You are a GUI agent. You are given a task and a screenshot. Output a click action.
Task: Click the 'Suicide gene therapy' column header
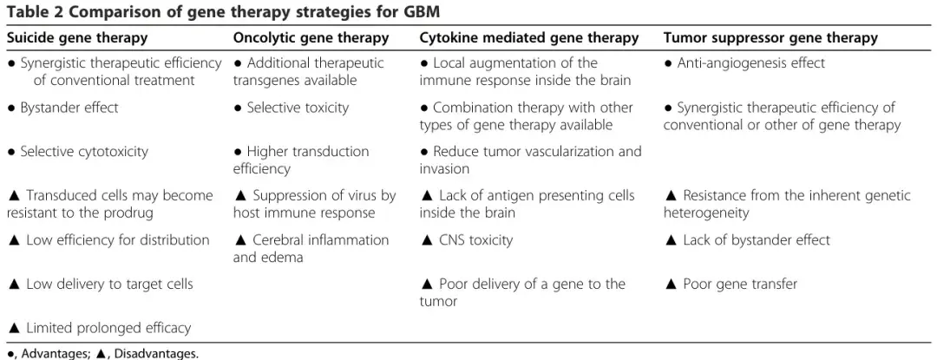point(77,38)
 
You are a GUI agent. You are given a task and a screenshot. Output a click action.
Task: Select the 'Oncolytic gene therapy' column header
point(311,38)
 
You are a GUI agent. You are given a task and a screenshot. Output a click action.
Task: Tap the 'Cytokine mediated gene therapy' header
point(529,38)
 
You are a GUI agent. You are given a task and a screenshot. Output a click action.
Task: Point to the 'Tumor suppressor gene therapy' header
point(770,38)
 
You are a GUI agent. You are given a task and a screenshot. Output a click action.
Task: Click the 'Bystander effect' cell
point(62,108)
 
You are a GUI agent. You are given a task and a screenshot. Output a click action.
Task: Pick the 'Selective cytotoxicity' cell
point(78,152)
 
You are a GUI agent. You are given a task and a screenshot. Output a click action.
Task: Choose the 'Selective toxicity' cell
point(291,108)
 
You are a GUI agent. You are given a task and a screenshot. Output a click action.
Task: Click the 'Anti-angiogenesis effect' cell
point(744,63)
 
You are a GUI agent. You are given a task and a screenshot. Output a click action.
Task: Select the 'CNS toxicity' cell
point(467,240)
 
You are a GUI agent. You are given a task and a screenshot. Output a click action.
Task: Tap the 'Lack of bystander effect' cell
point(748,240)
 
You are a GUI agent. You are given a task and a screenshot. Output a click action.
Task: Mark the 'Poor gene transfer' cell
point(731,285)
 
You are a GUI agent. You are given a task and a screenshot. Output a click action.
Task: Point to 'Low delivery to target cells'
point(101,285)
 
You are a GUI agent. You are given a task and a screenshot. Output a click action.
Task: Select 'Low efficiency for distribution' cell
point(108,240)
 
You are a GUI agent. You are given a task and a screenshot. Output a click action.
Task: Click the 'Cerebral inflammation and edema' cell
point(311,248)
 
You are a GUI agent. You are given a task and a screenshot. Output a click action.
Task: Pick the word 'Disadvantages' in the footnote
point(155,354)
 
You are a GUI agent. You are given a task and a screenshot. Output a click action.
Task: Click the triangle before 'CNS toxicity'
point(427,240)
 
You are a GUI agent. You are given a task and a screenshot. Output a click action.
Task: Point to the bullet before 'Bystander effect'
point(10,108)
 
